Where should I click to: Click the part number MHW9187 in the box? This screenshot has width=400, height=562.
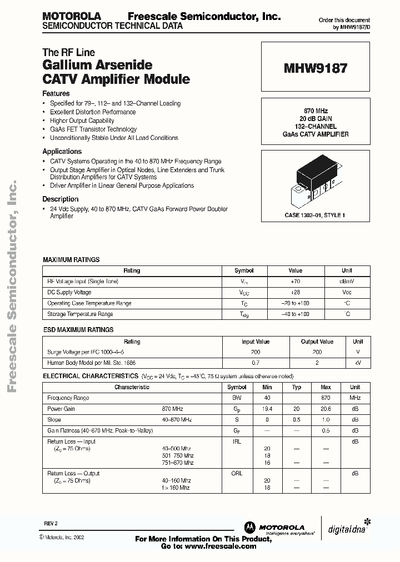(x=316, y=68)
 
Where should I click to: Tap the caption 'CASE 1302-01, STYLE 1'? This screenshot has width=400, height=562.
(x=315, y=214)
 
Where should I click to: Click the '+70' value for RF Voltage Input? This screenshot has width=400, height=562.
(x=295, y=282)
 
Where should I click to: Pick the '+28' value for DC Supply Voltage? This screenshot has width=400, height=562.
(x=295, y=292)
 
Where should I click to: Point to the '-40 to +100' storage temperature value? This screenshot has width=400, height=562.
(x=295, y=314)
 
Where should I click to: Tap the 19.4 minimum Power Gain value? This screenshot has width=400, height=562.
(x=268, y=409)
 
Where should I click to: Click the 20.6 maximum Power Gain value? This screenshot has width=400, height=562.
(x=326, y=409)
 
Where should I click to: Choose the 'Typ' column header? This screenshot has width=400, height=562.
(x=297, y=387)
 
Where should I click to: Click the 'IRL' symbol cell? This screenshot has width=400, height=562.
(x=237, y=441)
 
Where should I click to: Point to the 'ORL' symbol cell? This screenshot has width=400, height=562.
(x=237, y=474)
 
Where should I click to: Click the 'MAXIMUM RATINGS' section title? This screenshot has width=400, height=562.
(x=71, y=259)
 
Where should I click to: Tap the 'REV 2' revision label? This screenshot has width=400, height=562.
(x=51, y=524)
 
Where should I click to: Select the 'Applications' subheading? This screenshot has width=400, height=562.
(x=62, y=151)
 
